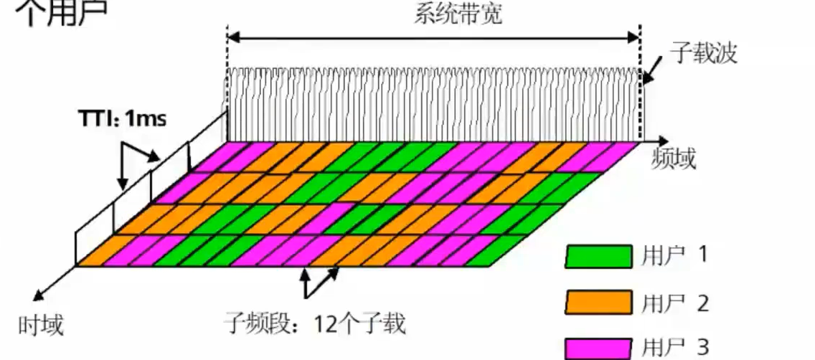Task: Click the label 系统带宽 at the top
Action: point(457,15)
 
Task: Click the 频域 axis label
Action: point(674,158)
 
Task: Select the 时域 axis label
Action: point(41,325)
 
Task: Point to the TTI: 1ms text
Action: point(122,118)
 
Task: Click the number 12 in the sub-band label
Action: point(324,324)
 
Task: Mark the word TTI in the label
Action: point(93,118)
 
